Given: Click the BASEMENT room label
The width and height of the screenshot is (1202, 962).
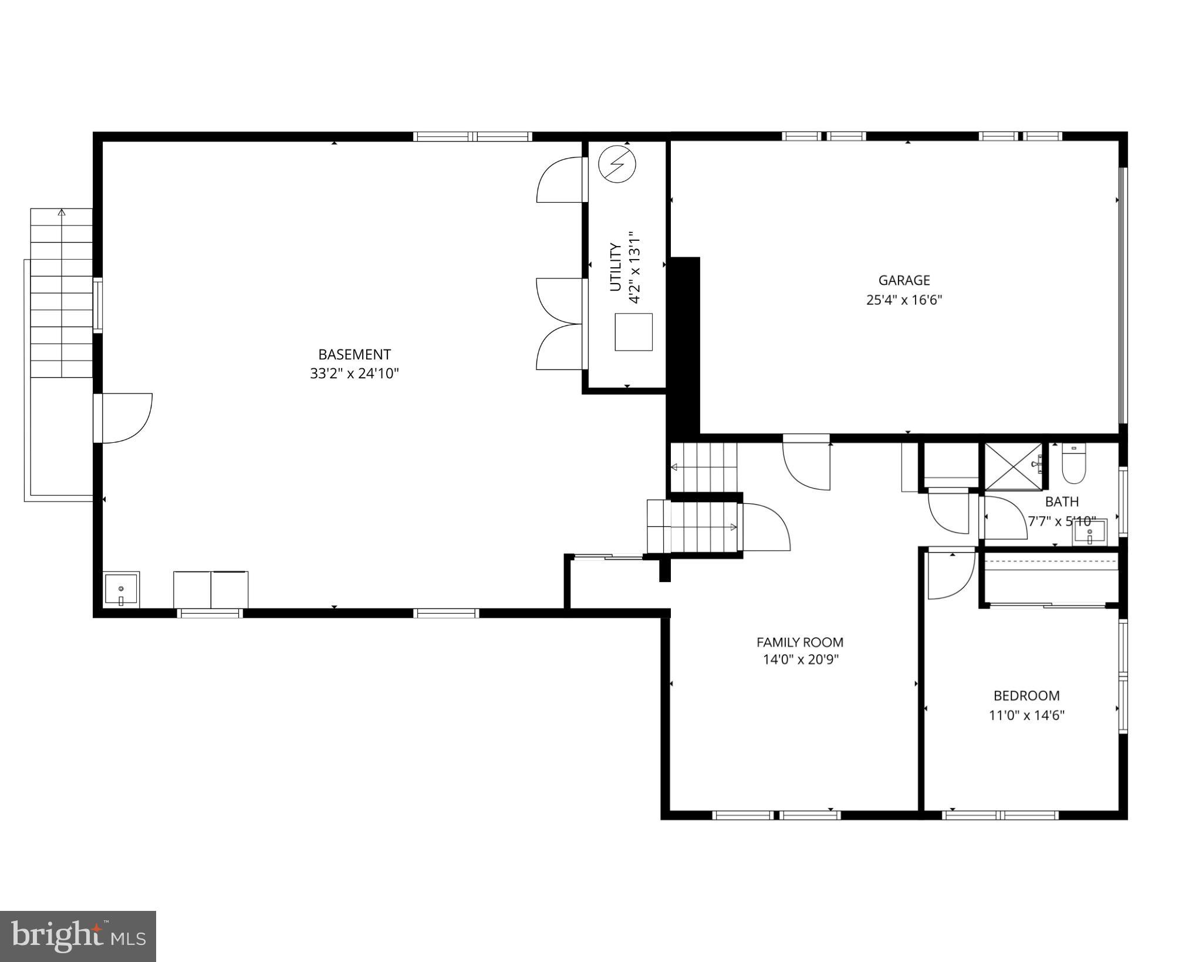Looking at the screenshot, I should pos(354,355).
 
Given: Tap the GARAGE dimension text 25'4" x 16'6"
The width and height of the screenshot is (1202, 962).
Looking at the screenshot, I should pos(904,300).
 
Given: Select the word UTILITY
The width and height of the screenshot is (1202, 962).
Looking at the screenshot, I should pos(615,267).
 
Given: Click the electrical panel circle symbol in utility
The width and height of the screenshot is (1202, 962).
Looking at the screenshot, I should pos(617,164).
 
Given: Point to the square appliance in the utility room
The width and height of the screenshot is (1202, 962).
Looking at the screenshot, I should pos(633,332).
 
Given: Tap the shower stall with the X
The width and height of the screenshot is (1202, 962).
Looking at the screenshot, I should pos(1012,467).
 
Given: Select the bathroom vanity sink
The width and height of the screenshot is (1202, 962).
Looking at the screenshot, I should pos(1089,533).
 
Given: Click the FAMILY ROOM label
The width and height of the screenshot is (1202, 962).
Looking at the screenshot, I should pos(799,643).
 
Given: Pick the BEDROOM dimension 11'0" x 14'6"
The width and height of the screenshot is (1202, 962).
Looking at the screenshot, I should pos(1027,715).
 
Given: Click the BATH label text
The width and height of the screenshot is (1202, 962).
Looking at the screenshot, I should pos(1062,502).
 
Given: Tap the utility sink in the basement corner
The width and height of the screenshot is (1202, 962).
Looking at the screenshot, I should pos(121,589).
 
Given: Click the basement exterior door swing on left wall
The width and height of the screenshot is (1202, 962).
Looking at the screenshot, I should pos(126,418).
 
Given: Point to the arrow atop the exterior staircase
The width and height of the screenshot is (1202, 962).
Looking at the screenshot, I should pos(62,212).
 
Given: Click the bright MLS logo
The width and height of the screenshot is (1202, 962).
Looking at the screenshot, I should pos(78,936).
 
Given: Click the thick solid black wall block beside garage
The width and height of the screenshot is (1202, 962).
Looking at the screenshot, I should pos(684,347).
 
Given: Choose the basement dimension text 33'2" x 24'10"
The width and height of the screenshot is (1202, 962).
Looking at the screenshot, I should pos(354,374).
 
